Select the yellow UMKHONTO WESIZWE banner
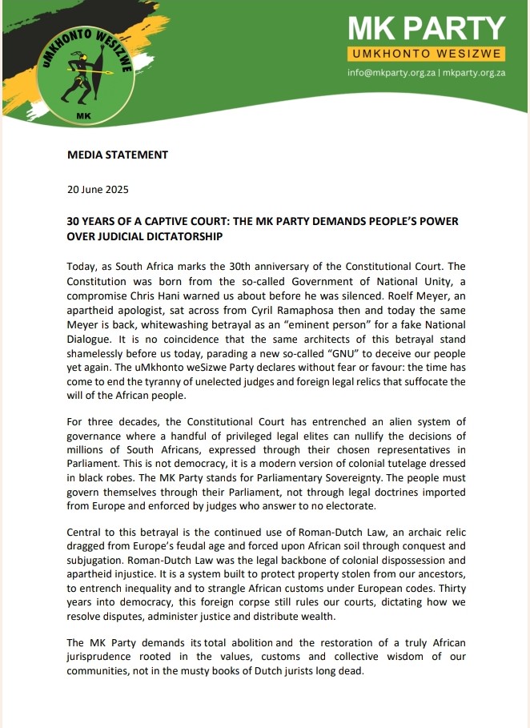coord(426,54)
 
